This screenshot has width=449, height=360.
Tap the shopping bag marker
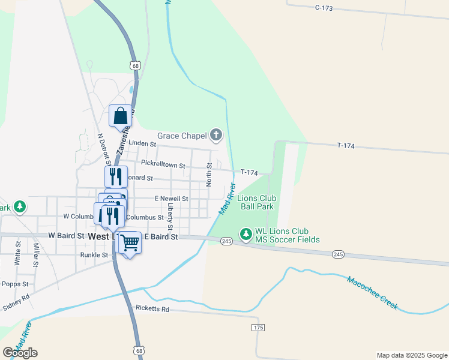tap(121, 116)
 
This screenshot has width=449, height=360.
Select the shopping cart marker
tap(128, 243)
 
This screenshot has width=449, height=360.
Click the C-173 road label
tap(324, 7)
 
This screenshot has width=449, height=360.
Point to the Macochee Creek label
tap(372, 292)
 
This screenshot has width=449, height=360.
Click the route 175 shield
tap(258, 327)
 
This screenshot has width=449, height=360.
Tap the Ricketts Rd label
tap(152, 309)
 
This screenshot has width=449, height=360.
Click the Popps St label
tap(15, 284)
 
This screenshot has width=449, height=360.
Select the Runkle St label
tap(94, 255)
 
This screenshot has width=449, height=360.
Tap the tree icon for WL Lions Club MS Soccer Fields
tap(246, 233)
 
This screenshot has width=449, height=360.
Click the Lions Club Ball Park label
tap(257, 202)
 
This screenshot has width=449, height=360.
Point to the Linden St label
tap(142, 144)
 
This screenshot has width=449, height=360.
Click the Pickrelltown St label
tap(163, 163)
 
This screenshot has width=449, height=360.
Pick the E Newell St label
tap(171, 199)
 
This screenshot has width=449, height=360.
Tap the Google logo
tap(20, 352)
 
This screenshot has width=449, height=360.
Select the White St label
tap(17, 254)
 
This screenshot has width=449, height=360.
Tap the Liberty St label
tap(170, 216)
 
